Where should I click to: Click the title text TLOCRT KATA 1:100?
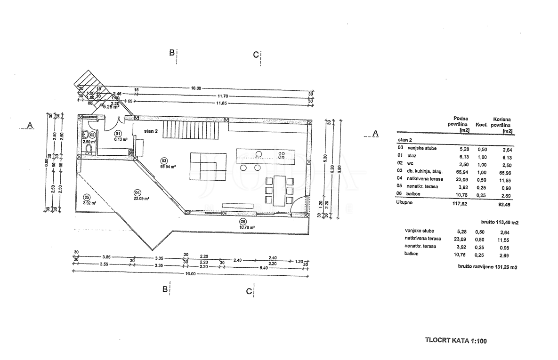click(455, 340)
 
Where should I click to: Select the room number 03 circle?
click(164, 160)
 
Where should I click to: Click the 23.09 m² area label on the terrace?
click(142, 199)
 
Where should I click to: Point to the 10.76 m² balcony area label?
click(247, 227)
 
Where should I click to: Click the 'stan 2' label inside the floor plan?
click(150, 131)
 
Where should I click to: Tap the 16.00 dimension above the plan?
click(196, 88)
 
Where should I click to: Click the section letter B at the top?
click(172, 52)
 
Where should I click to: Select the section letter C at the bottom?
click(249, 291)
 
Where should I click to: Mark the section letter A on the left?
click(30, 125)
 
